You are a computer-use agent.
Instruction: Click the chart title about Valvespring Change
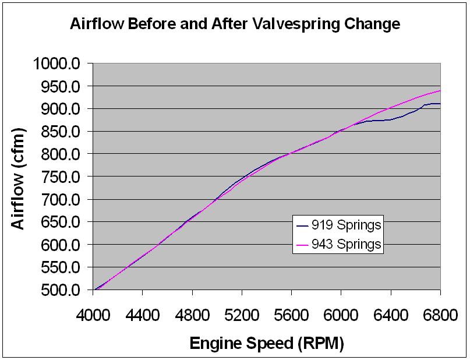click(235, 24)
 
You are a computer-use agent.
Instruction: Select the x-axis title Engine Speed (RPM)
click(267, 343)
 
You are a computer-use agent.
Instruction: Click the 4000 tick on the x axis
click(93, 314)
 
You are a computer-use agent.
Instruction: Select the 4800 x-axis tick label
click(192, 314)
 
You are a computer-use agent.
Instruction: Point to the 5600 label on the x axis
click(291, 314)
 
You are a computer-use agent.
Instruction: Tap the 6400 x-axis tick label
click(390, 314)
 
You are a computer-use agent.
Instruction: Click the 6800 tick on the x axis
click(440, 314)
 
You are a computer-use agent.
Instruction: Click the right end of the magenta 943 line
click(440, 90)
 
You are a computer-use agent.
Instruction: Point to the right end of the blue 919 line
click(440, 104)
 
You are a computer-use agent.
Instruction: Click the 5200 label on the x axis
click(242, 314)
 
